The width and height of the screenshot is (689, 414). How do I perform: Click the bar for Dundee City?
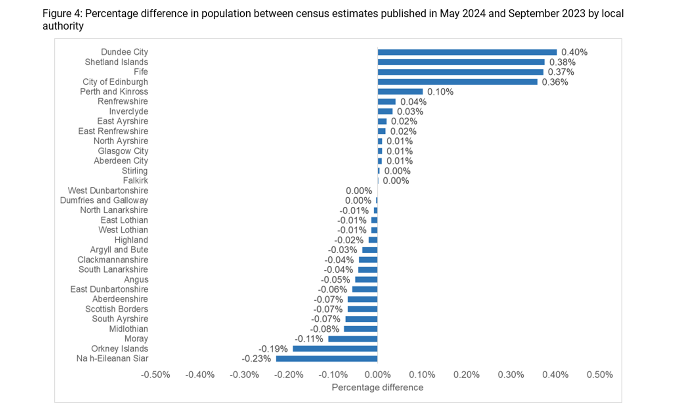[467, 52]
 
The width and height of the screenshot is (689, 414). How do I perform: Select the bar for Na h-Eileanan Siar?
[327, 358]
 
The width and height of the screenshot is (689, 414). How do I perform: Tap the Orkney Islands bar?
[335, 348]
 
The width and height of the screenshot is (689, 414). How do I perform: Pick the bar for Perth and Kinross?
[400, 91]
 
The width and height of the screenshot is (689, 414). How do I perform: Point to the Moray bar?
[352, 339]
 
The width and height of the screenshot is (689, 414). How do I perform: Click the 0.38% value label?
[562, 62]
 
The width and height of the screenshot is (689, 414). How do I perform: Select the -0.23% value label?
[256, 358]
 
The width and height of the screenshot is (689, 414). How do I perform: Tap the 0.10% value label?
[440, 91]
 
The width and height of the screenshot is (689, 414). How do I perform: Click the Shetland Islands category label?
[116, 62]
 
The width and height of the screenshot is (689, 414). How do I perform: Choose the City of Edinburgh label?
[115, 81]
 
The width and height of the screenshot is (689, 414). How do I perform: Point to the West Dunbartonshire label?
[108, 190]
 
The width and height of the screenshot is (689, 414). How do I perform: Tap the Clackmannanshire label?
[113, 259]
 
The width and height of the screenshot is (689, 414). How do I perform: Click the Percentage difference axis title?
[377, 387]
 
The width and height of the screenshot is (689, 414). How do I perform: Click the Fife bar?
[460, 72]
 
